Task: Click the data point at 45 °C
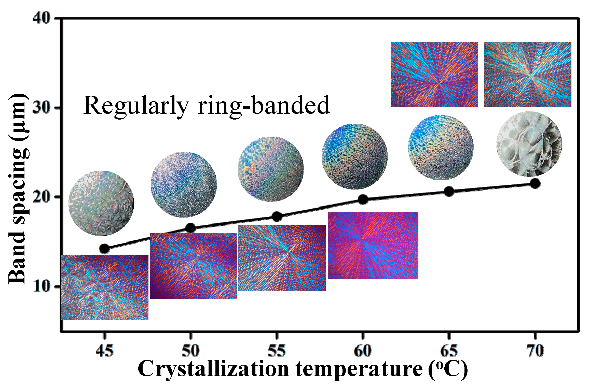pos(104,249)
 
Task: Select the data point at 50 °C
pos(190,228)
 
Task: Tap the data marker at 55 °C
pos(277,216)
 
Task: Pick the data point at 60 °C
pos(363,199)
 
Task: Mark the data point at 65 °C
pos(449,192)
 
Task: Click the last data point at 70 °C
pos(535,183)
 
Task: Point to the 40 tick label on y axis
pos(42,19)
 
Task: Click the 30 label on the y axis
pos(42,108)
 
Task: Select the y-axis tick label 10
pos(42,287)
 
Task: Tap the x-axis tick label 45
pos(104,351)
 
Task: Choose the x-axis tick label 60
pos(363,351)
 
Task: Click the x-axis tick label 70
pos(535,351)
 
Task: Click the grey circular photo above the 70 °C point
pos(529,144)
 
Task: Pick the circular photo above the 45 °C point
pos(101,203)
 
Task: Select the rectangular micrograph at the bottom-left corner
pos(105,287)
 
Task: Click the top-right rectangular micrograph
pos(527,75)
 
